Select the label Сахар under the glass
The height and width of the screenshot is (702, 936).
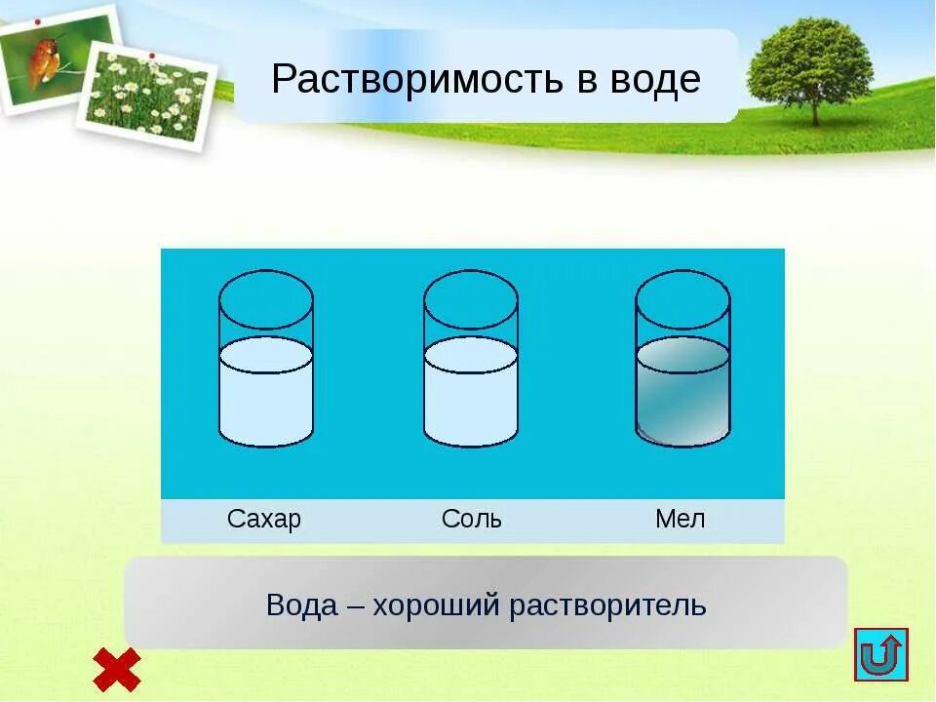pos(264,519)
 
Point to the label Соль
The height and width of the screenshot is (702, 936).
pos(472,519)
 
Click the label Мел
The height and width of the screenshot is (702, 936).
pos(680,519)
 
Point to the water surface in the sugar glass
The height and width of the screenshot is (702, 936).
pos(266,355)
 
